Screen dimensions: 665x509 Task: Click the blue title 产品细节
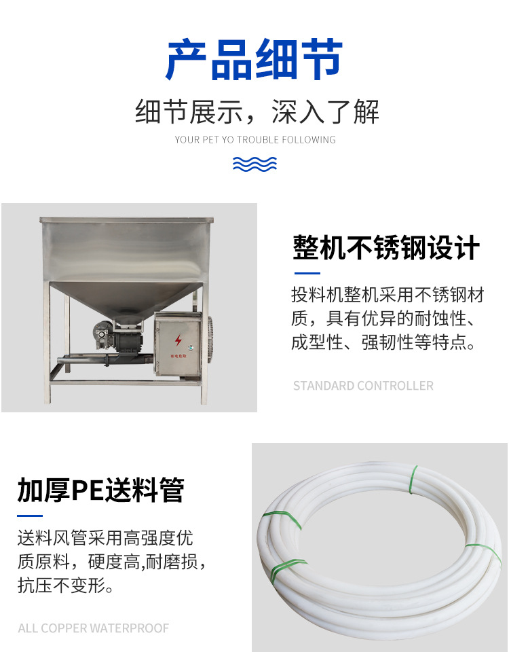[x=254, y=60]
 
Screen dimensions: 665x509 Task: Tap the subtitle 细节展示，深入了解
[x=257, y=112]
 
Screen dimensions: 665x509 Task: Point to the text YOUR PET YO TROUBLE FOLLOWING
[x=255, y=140]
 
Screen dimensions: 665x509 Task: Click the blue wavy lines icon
[x=254, y=164]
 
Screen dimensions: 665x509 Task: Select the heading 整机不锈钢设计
[x=386, y=248]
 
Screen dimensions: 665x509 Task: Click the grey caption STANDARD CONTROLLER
[x=363, y=386]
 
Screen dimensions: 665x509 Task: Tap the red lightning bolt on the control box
[x=178, y=340]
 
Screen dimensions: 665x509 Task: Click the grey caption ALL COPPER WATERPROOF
[x=94, y=628]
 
